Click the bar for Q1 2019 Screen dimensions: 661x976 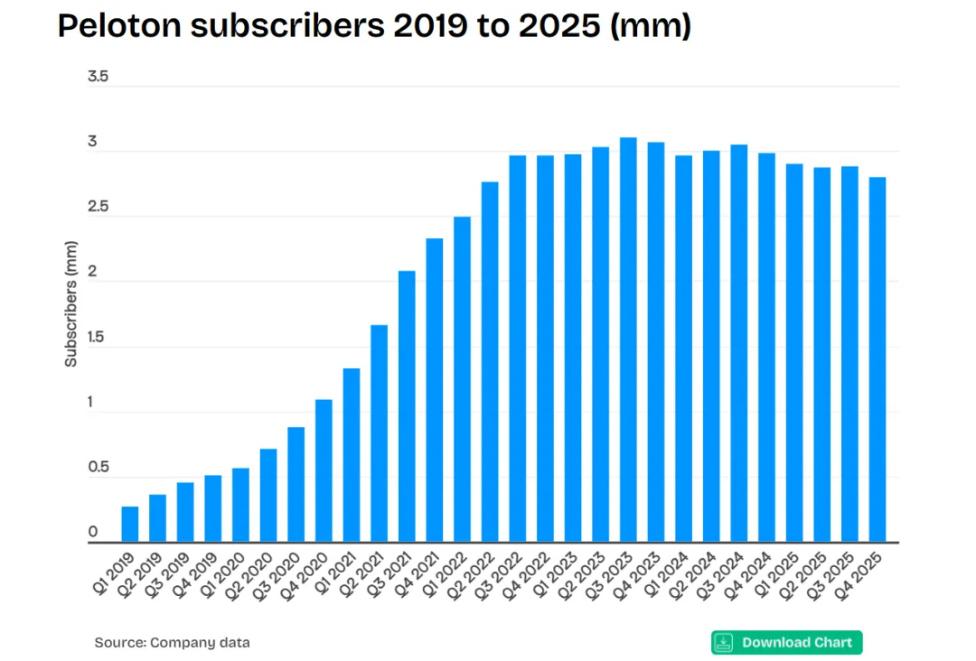click(130, 524)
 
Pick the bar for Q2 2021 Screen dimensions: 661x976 click(380, 433)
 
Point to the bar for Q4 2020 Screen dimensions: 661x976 click(324, 470)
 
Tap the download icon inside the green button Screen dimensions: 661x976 click(724, 642)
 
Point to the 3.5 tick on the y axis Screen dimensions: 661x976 click(98, 77)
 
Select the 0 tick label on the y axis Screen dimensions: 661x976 click(93, 533)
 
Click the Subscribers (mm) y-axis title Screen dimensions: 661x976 click(70, 303)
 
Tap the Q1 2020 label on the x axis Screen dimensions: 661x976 click(228, 576)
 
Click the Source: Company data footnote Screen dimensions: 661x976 click(172, 643)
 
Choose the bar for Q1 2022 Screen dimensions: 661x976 click(462, 379)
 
